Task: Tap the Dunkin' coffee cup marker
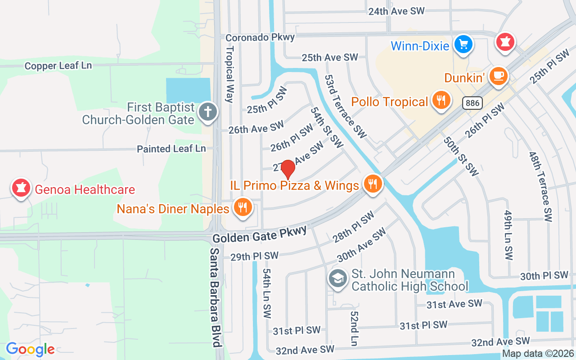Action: tap(498, 75)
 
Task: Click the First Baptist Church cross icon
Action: tap(208, 111)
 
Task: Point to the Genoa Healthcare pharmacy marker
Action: tap(21, 188)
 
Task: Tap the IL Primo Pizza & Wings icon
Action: tap(373, 184)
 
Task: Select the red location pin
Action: tap(288, 170)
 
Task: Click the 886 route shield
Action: tap(472, 103)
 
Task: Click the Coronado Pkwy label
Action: tap(260, 37)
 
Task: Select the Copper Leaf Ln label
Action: tap(58, 66)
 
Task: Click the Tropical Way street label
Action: tap(230, 75)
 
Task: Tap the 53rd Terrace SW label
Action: tap(345, 106)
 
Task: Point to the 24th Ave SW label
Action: tap(396, 11)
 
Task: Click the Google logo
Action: tap(30, 349)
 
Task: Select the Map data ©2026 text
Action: tap(537, 354)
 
